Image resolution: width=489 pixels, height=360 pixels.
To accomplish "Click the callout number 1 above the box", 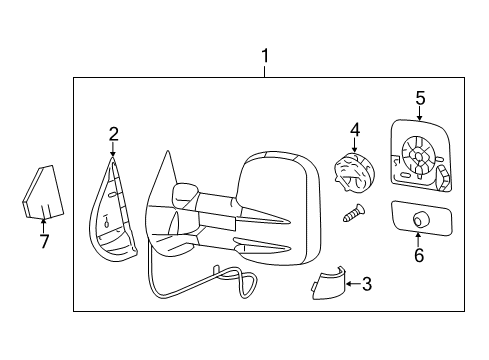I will point(265,56).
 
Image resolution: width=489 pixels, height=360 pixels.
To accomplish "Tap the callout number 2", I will point(113,132).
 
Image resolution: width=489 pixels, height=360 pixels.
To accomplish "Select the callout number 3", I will point(367,285).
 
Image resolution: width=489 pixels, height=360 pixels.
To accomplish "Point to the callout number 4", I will point(354,129).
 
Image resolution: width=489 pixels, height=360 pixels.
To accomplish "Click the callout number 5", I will point(420,97).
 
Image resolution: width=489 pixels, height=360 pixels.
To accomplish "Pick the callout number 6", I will point(418,255).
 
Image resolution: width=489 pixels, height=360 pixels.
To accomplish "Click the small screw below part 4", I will point(353,212).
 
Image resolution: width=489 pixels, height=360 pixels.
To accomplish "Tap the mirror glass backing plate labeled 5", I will point(419,156).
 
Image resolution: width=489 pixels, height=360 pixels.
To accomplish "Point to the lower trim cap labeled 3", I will point(322,287).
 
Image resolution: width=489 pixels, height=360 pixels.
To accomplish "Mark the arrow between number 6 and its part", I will point(418,239).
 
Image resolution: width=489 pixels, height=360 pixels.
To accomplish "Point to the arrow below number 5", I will point(420,114).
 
